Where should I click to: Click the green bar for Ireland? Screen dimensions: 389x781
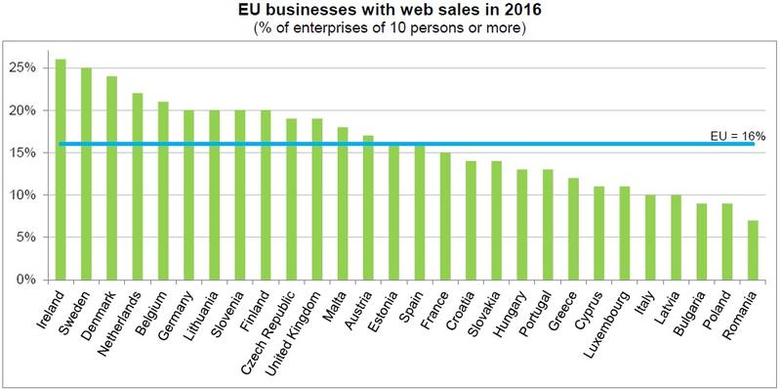pyautogui.click(x=61, y=170)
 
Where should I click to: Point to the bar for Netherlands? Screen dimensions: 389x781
pyautogui.click(x=137, y=187)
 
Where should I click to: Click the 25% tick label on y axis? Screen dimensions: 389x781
pyautogui.click(x=23, y=68)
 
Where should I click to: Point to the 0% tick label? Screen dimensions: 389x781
pyautogui.click(x=26, y=280)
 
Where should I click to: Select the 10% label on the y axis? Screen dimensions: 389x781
pyautogui.click(x=23, y=195)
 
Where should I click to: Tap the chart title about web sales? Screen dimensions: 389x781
pyautogui.click(x=390, y=12)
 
